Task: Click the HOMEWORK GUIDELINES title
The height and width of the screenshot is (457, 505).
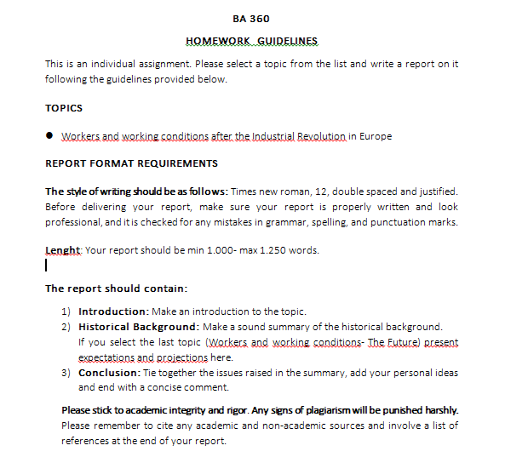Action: click(251, 41)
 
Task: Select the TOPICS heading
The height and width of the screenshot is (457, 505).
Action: click(64, 108)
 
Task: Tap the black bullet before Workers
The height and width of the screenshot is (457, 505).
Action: click(50, 135)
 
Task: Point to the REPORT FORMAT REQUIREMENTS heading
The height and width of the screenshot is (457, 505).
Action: click(131, 163)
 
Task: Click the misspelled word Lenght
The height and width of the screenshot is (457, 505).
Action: click(62, 250)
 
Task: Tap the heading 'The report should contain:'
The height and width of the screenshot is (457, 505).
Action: click(116, 288)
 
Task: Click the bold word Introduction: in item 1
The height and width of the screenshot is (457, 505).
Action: click(113, 311)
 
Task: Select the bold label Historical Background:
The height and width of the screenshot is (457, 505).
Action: click(137, 327)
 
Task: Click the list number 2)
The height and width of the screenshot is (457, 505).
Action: click(66, 327)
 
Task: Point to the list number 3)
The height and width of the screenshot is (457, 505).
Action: click(66, 373)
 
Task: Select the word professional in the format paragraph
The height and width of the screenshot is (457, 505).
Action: click(72, 222)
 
